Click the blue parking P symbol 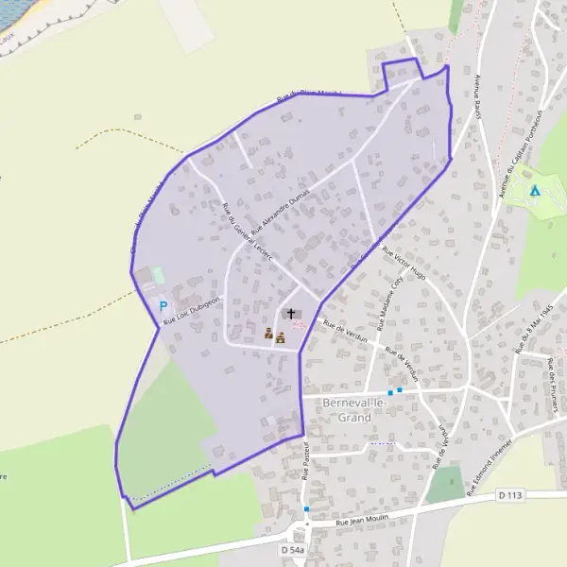coord(163,306)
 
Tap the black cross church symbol coord(290,314)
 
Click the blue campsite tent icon coord(535,191)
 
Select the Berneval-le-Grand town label coord(360,408)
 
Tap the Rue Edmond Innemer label coord(489,455)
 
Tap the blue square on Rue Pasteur coord(306,509)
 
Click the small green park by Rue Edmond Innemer coord(444,485)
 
